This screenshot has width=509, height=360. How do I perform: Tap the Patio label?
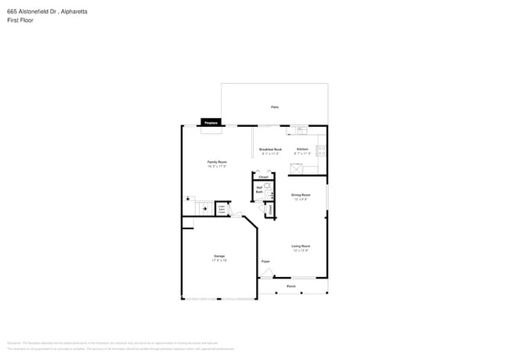275,107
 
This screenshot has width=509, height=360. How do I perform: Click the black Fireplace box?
210,123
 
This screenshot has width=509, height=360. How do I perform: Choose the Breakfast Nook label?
271,150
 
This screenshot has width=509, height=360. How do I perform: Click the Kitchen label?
302,150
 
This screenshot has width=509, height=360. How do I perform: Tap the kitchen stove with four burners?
322,149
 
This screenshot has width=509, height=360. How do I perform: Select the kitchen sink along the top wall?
301,130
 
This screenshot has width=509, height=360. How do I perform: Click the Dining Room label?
301,196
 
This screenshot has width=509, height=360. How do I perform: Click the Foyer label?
265,261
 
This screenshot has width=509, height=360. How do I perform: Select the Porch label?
291,286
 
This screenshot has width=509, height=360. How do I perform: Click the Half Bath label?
259,189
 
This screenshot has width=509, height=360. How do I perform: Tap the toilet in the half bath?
266,187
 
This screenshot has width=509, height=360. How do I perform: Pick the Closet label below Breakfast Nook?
264,177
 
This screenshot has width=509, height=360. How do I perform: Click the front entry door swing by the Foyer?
268,273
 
